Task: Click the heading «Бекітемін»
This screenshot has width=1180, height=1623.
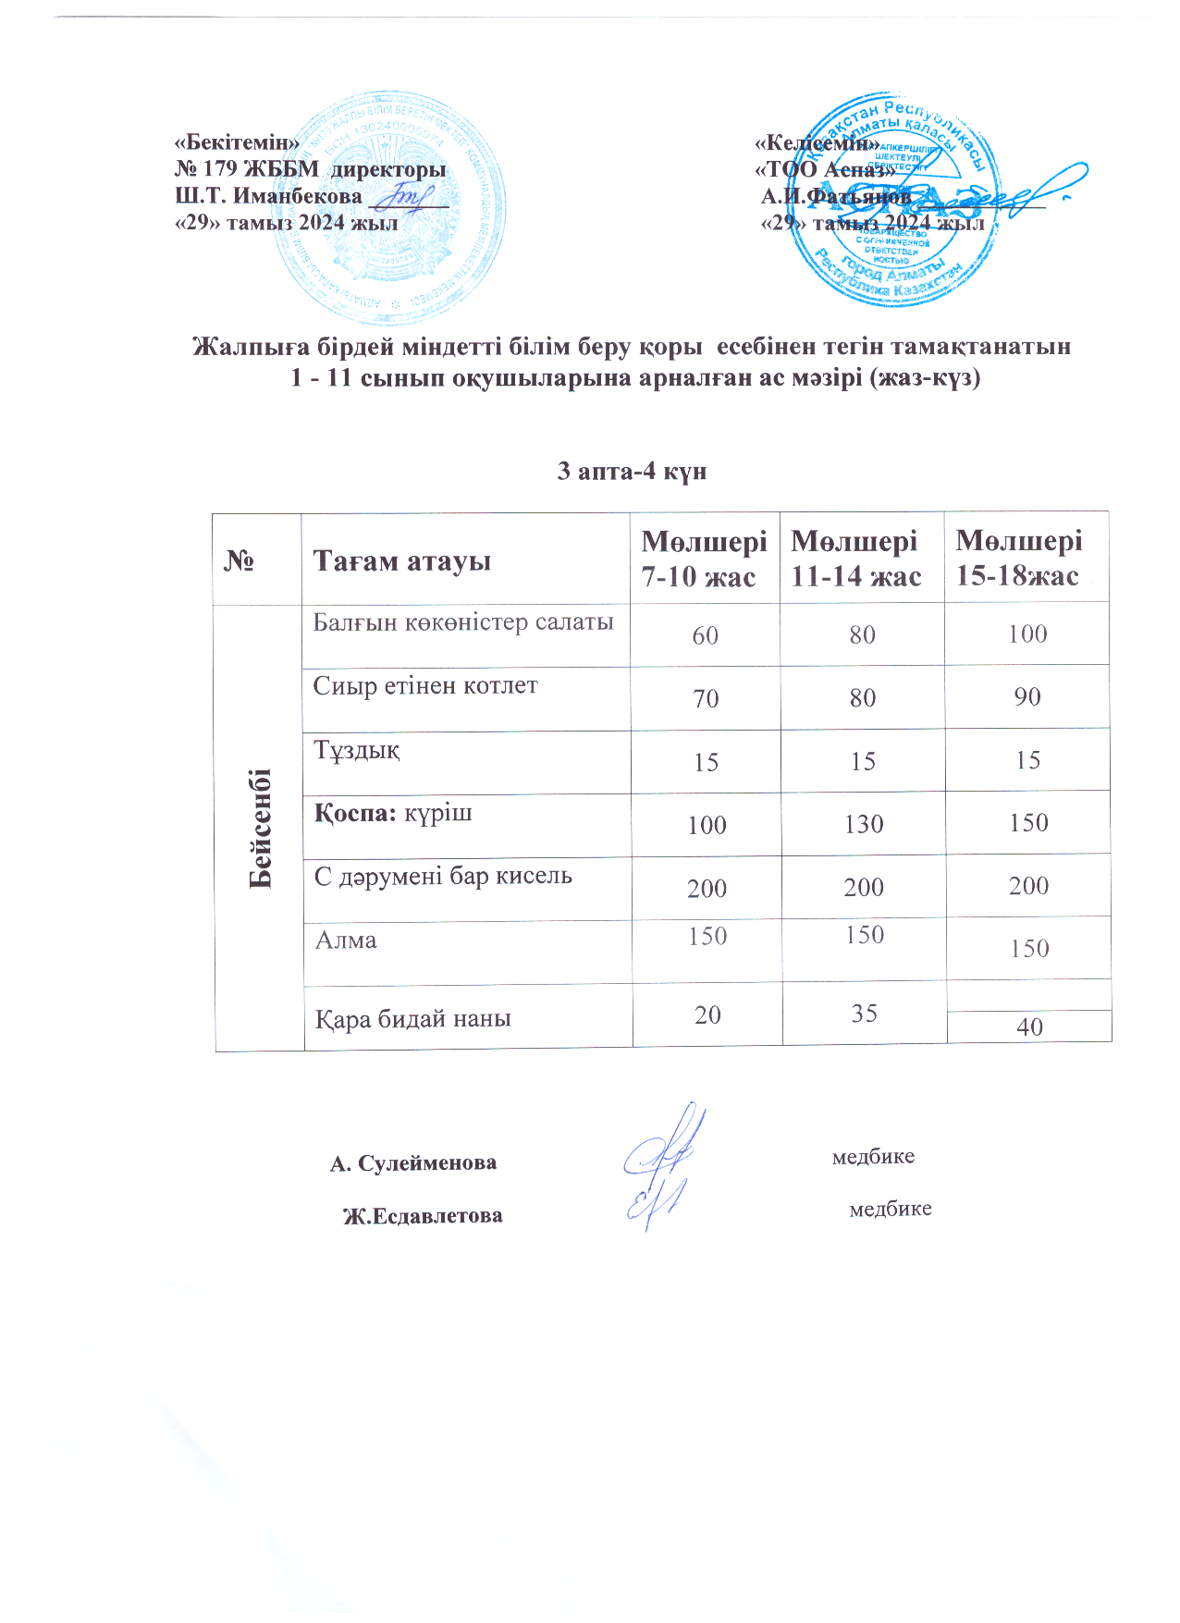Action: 237,143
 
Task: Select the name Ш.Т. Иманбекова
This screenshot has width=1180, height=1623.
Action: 269,196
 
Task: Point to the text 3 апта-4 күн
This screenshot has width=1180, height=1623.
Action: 632,472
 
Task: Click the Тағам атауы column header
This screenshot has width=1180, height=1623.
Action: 402,560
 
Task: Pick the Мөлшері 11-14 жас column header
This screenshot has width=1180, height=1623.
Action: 856,559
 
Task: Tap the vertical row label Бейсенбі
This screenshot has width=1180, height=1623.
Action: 261,828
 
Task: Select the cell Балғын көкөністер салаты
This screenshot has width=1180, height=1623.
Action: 463,622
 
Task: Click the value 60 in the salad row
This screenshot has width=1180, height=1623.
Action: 706,635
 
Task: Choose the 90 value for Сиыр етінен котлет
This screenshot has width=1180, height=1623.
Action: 1027,697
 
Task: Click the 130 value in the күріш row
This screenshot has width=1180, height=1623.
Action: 864,824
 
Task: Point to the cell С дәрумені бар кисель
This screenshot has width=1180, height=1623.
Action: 443,876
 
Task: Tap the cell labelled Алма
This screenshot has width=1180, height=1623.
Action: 347,941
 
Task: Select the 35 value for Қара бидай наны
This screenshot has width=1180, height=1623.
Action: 865,1014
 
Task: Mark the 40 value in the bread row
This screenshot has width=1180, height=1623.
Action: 1029,1027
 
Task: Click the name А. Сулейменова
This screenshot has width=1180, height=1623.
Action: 413,1162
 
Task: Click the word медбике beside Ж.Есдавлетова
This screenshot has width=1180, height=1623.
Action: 890,1209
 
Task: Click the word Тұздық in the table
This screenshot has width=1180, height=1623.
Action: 357,750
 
